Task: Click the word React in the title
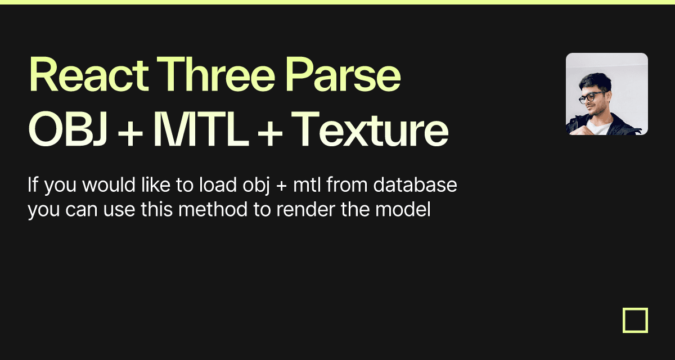click(x=89, y=74)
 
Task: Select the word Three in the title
click(x=216, y=74)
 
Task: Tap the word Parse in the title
click(x=343, y=74)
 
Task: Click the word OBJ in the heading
click(x=68, y=129)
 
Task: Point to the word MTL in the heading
click(x=201, y=129)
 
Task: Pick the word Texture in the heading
click(x=370, y=129)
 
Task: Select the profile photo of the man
click(x=607, y=94)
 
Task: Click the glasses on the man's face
click(x=592, y=97)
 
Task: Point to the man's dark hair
click(x=596, y=82)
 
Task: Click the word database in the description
click(x=415, y=184)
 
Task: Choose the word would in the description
click(x=109, y=184)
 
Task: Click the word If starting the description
click(x=33, y=184)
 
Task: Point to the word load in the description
click(x=218, y=184)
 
